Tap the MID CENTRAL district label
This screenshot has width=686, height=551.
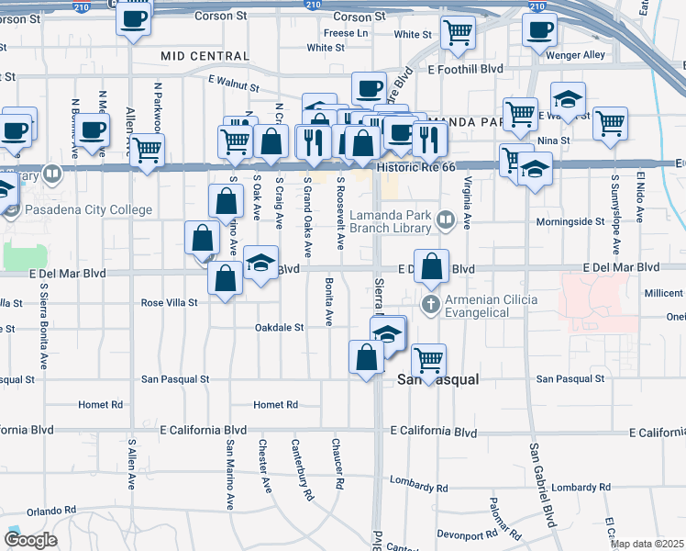(x=205, y=56)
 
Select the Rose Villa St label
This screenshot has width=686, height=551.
(x=170, y=303)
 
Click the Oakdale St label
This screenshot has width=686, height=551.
(x=279, y=327)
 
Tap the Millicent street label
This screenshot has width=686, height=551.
(x=664, y=293)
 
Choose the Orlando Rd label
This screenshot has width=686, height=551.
(x=50, y=511)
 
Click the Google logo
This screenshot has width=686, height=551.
(x=30, y=540)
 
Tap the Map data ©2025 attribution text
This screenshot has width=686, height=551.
(x=646, y=544)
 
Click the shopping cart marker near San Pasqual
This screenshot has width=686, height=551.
(x=428, y=358)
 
